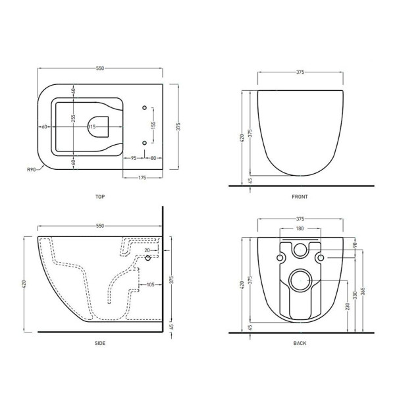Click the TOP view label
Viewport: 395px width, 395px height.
100,197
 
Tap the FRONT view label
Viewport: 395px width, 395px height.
300,197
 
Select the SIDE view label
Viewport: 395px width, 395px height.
100,343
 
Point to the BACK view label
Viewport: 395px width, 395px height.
300,343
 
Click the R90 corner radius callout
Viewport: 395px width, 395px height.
32,170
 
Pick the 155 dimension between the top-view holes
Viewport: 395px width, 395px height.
153,125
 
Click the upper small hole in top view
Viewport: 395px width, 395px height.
145,108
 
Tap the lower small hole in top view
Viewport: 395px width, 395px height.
145,143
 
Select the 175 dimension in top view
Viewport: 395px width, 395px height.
142,178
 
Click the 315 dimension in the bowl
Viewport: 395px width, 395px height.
92,127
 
